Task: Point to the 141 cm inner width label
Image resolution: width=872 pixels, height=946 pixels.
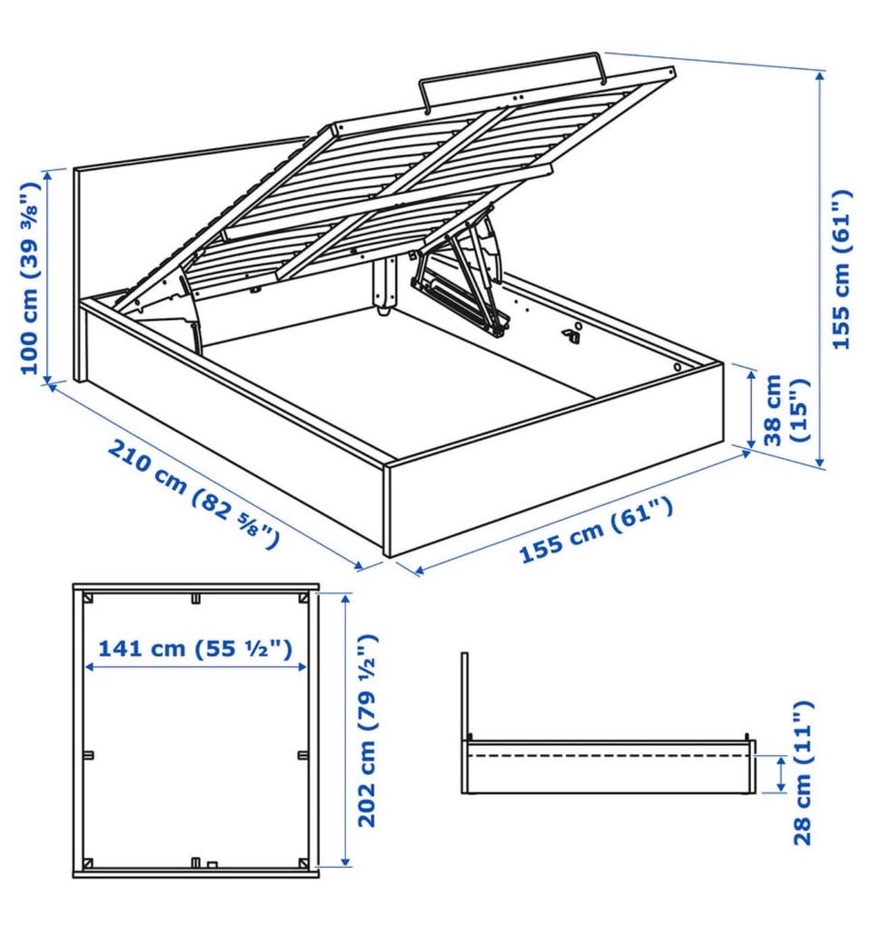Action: click(x=195, y=649)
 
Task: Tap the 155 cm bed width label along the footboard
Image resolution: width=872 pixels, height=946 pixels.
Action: click(x=596, y=531)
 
